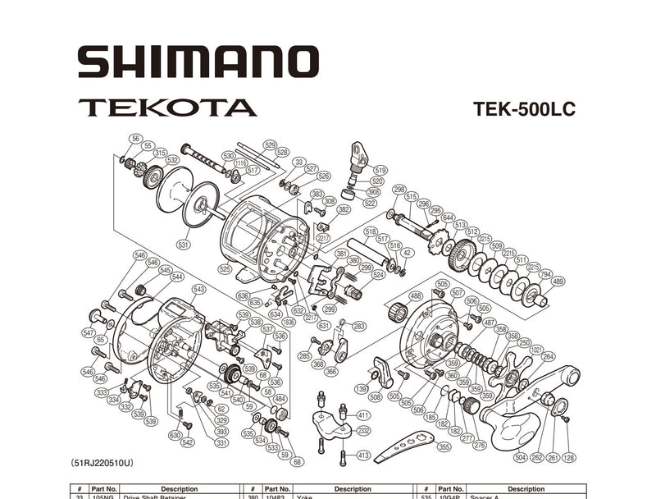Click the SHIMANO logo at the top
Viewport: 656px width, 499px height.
pos(198,62)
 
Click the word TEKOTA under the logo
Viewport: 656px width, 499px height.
pos(167,108)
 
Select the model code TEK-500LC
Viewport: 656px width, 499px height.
pos(524,109)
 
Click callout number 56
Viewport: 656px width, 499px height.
pos(135,139)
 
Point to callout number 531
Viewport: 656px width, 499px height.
pos(184,244)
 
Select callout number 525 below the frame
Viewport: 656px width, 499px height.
pos(224,268)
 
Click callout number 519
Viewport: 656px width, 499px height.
pos(378,170)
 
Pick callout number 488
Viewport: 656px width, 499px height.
pos(416,295)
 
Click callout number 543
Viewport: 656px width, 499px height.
pos(198,289)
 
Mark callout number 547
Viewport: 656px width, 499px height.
pos(89,332)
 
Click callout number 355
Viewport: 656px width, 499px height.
pos(444,447)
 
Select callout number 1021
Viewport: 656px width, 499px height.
pos(536,349)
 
